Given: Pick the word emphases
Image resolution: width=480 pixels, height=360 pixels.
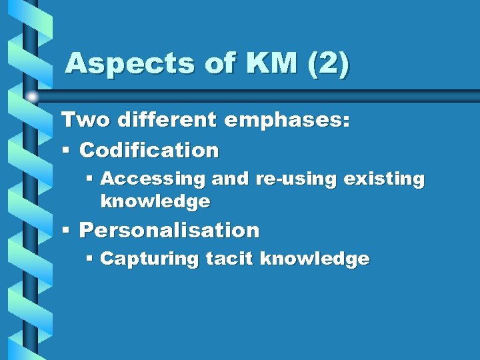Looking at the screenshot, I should tap(287, 121).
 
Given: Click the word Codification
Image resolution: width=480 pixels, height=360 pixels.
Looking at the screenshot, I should tap(149, 151).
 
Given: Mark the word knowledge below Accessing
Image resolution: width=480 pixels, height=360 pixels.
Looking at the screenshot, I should tap(155, 201).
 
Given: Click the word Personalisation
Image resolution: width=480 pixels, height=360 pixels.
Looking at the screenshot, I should tap(169, 231).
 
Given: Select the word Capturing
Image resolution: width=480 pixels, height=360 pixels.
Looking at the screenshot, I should tap(149, 259).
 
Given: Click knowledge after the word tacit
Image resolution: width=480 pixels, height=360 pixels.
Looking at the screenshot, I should tap(315, 259).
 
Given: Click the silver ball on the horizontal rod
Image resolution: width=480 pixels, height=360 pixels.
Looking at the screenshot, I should tap(32, 97).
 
